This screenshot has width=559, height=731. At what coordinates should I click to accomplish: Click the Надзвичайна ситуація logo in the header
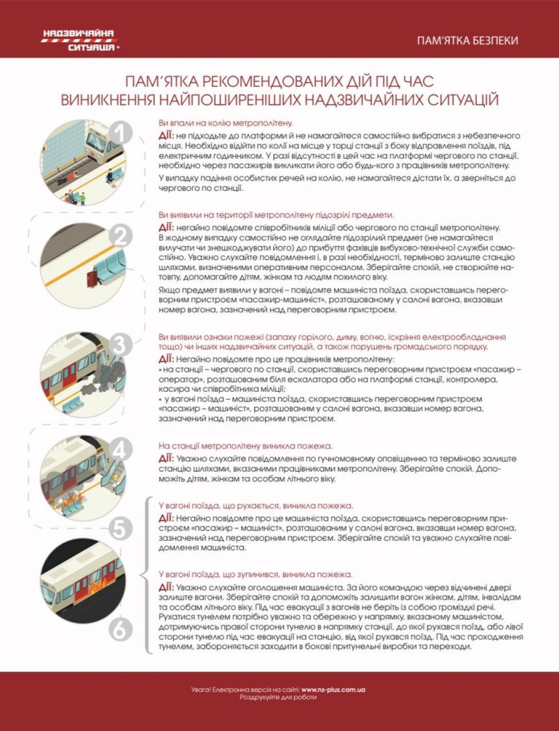pyautogui.click(x=81, y=40)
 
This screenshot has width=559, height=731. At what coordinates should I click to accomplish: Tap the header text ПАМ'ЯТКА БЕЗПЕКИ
pyautogui.click(x=467, y=41)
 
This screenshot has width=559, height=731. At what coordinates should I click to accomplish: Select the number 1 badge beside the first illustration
pyautogui.click(x=121, y=135)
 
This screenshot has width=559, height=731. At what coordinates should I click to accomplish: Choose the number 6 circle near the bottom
pyautogui.click(x=120, y=632)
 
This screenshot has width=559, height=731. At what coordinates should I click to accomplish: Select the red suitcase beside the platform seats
pyautogui.click(x=92, y=279)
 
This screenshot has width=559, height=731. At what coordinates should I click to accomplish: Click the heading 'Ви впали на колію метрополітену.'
pyautogui.click(x=226, y=123)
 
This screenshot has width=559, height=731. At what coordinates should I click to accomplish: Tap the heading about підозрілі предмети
pyautogui.click(x=276, y=215)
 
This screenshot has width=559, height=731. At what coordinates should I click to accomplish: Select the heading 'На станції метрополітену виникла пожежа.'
pyautogui.click(x=253, y=446)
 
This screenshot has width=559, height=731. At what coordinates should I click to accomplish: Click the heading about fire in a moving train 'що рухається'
pyautogui.click(x=256, y=506)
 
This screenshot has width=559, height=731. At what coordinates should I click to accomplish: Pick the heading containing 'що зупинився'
pyautogui.click(x=255, y=574)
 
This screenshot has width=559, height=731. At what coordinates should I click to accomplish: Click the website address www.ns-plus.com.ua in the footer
pyautogui.click(x=333, y=689)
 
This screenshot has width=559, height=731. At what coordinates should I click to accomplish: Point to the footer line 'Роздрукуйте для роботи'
pyautogui.click(x=278, y=698)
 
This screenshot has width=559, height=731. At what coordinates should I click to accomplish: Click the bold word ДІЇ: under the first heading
pyautogui.click(x=167, y=135)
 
